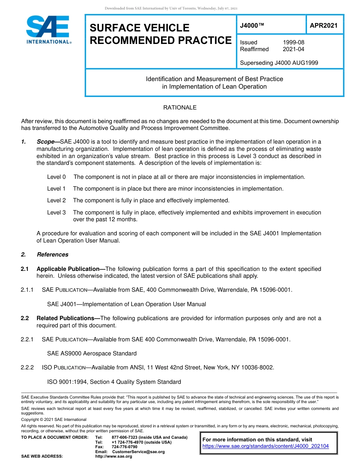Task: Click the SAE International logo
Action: point(48,30)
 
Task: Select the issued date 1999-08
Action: point(293,42)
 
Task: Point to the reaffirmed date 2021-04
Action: point(293,49)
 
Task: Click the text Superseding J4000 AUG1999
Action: point(279,63)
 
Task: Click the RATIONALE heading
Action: point(180,108)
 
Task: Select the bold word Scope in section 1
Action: point(45,142)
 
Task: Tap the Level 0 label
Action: point(56,177)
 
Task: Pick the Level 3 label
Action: point(56,213)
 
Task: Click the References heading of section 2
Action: point(53,255)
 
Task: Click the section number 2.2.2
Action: point(27,367)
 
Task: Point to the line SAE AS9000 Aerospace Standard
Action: point(92,353)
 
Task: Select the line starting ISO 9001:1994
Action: point(114,382)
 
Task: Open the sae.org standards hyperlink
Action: point(266,446)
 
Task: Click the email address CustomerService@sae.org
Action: point(138,452)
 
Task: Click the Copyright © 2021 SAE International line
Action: point(54,419)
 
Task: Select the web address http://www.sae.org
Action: point(114,456)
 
